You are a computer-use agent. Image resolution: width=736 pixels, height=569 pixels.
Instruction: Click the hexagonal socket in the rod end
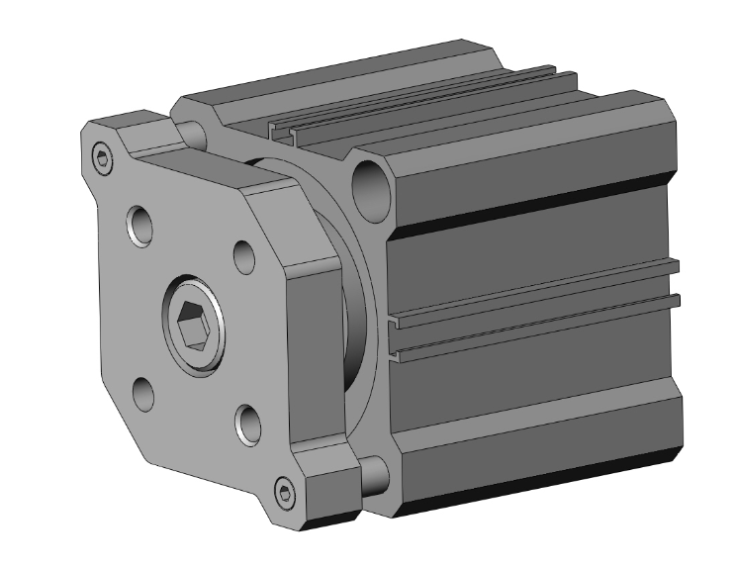point(194,326)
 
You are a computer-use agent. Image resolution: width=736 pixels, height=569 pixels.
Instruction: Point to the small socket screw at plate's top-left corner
point(102,155)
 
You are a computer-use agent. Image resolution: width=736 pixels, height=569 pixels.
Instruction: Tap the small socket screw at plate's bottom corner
point(286,493)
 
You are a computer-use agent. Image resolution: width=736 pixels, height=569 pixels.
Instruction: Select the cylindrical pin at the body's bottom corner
point(373,475)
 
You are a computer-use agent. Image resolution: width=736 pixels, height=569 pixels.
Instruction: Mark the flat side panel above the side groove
point(534,247)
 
